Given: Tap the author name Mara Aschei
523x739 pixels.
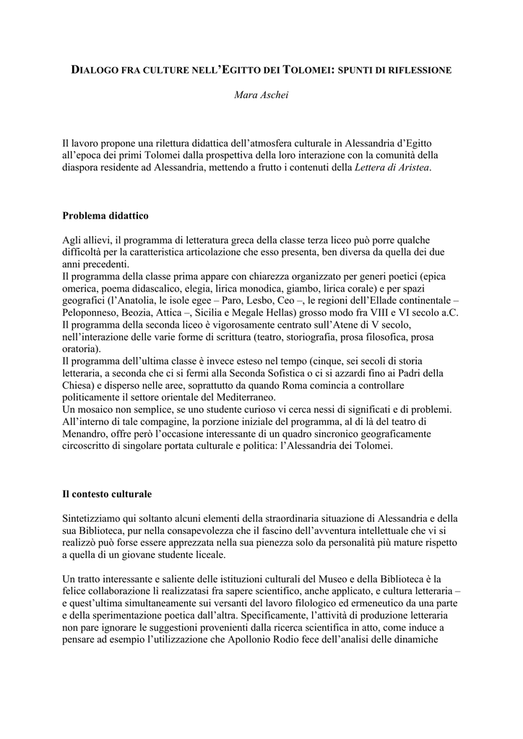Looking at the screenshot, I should pos(261,95).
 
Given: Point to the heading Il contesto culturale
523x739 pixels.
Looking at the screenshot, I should pos(107,494).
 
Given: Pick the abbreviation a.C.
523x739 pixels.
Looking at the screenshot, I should pos(446,311).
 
